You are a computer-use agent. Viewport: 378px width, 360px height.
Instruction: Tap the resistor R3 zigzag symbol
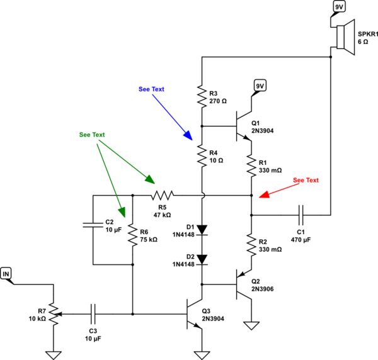click(x=202, y=95)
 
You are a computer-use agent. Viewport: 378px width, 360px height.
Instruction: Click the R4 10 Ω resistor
click(x=202, y=155)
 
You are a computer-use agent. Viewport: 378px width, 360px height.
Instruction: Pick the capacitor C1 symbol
click(x=301, y=216)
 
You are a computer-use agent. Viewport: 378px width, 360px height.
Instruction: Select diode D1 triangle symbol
click(x=202, y=230)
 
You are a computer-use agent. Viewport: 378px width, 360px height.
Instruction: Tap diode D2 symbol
click(x=202, y=259)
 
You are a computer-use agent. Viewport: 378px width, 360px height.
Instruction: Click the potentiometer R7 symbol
click(x=55, y=313)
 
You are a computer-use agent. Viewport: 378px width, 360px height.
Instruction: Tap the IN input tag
click(x=7, y=273)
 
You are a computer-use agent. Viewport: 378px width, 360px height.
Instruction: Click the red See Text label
click(x=306, y=180)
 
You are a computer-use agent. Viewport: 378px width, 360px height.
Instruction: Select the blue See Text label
click(x=151, y=89)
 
